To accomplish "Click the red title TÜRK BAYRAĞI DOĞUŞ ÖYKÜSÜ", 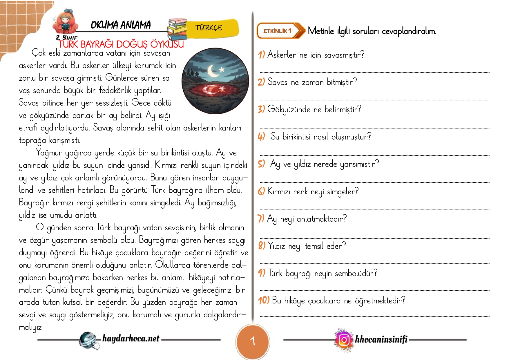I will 121,44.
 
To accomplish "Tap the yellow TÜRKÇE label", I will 209,28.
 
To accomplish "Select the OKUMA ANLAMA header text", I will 120,25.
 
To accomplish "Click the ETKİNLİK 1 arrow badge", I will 280,31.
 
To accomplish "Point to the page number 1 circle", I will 253,341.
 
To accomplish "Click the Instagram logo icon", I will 344,339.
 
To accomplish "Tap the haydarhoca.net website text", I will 131,338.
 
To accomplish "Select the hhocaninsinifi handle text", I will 381,339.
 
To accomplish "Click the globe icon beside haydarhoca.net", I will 88,340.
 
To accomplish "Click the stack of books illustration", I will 177,29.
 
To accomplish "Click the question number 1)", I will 261,55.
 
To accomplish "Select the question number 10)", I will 264,300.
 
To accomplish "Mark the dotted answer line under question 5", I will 374,182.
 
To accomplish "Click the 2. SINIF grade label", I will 66,37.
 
